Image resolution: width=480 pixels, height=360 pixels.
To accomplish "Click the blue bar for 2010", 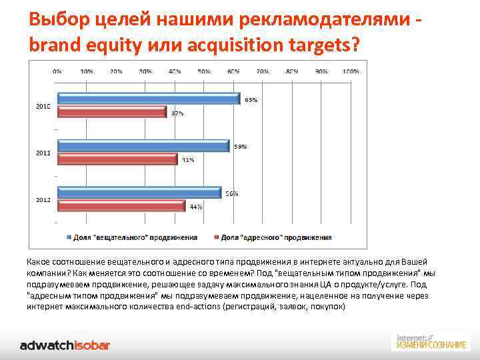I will coord(149,99).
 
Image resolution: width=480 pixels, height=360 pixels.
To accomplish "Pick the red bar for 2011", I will coord(118,159).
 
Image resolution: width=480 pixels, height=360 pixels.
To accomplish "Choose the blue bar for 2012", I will coord(139,193).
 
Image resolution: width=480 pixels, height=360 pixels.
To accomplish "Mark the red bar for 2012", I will coord(121,206).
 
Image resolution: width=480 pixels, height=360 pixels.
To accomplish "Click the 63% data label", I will coord(251,100).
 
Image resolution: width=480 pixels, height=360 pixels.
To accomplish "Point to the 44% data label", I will coord(196,207).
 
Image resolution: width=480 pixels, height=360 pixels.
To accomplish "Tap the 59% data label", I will coord(240,147).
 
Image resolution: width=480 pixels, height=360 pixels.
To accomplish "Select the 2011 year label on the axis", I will coord(43,153).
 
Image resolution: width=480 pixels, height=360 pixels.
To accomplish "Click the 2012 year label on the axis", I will coord(43,199).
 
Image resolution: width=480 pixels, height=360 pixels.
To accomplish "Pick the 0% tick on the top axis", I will coord(58,71).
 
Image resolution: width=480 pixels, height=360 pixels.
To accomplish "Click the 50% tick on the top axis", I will coord(204,71).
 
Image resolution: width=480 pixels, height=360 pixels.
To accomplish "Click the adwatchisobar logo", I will coord(65,345).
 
